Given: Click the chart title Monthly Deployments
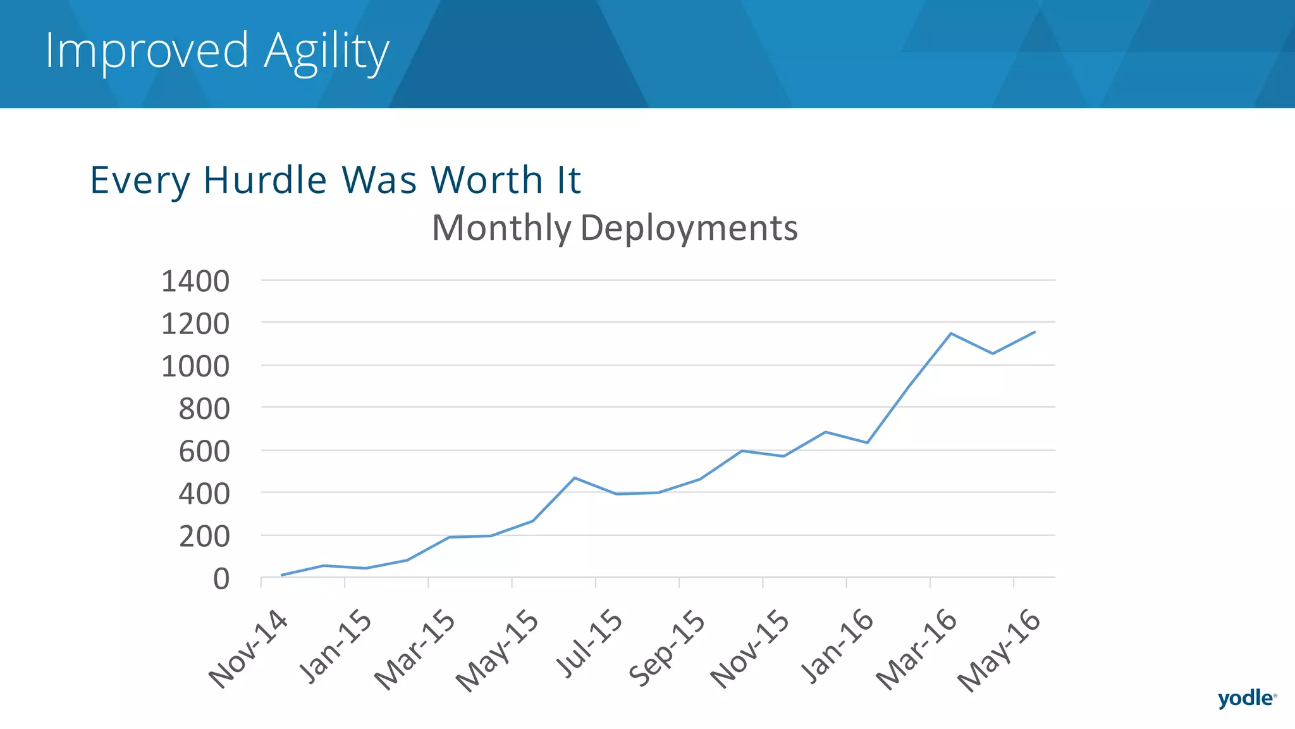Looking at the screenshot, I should [x=614, y=228].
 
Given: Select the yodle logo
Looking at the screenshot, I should [x=1246, y=698].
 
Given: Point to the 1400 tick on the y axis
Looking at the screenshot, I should [x=195, y=281].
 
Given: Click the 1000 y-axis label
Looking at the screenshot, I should [x=195, y=366].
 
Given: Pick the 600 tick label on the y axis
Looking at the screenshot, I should [x=204, y=452].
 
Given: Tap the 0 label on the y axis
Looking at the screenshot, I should [x=221, y=579].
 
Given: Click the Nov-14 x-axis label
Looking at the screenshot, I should [x=249, y=649].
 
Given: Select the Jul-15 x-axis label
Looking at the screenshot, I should [x=589, y=644].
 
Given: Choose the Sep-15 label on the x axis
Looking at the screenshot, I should [x=667, y=648].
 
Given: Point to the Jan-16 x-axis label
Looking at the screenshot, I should [x=837, y=647].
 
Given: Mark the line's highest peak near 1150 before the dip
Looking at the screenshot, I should [x=950, y=333].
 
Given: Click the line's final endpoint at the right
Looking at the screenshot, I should [x=1034, y=332].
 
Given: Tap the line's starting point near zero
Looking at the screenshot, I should [x=282, y=575].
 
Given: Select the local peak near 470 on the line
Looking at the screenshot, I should [x=574, y=478].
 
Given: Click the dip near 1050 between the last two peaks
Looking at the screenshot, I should [x=993, y=354].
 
